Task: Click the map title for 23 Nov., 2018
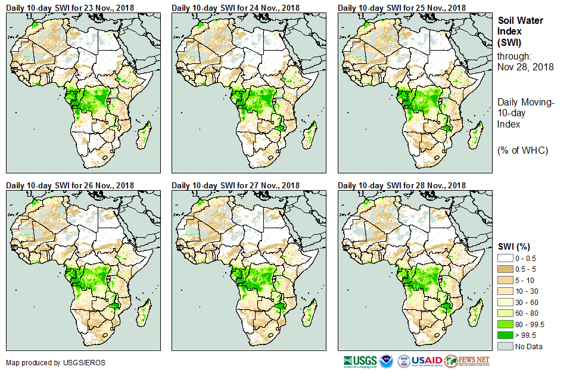(x=70, y=7)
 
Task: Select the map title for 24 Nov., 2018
(x=236, y=7)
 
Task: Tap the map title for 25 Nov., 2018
(x=402, y=7)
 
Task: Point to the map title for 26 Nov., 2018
(x=70, y=185)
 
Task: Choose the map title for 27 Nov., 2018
(x=236, y=185)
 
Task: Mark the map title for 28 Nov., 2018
(x=402, y=185)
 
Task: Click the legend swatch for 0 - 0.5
(x=506, y=257)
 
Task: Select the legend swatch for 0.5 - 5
(x=506, y=269)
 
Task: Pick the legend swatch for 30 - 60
(x=506, y=302)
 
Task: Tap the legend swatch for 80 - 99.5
(x=506, y=324)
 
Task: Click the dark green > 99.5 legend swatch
(x=506, y=335)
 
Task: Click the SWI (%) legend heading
(x=514, y=247)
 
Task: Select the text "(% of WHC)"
(x=522, y=150)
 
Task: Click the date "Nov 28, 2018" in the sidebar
(x=525, y=67)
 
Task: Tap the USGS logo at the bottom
(x=360, y=361)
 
